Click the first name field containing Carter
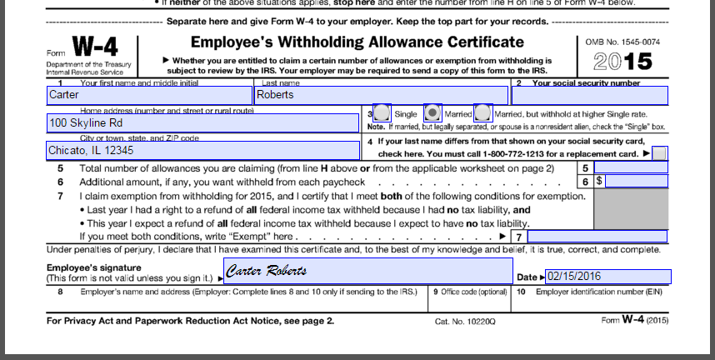pos(148,95)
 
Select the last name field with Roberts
pos(380,95)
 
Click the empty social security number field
pos(589,95)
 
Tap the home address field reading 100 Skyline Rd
pos(202,122)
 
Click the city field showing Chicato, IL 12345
pos(202,151)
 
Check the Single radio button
pos(382,112)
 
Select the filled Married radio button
pos(432,112)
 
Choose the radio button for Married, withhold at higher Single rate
pos(482,112)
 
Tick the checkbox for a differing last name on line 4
pos(659,153)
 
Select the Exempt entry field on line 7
pos(597,237)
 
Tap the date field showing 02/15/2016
pos(607,277)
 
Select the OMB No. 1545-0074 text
pos(622,41)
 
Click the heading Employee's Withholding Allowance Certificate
pos(357,42)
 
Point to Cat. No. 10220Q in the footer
pos(466,320)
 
